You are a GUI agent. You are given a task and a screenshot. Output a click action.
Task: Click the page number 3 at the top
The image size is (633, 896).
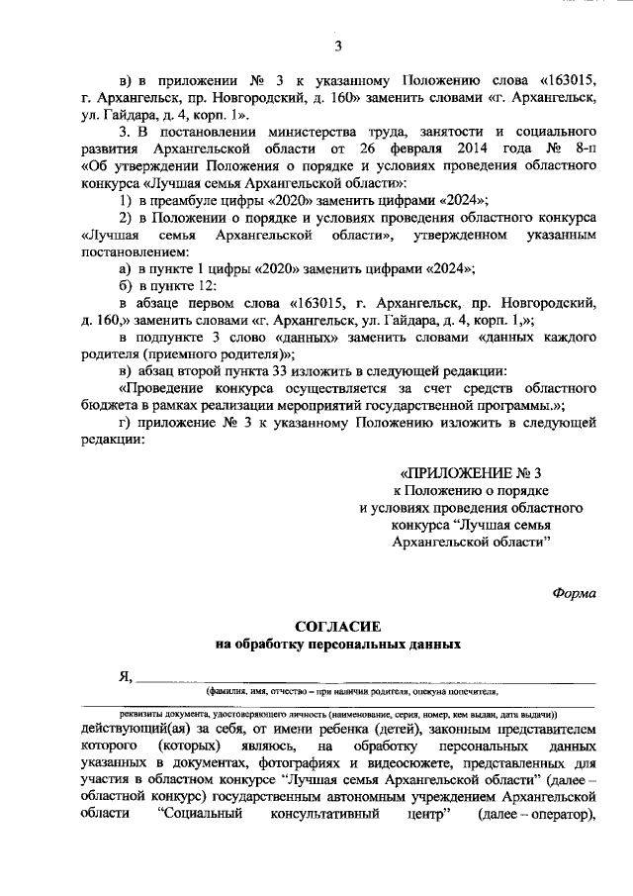pos(338,47)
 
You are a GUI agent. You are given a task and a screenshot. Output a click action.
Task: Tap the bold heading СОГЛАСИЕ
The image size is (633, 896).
pos(338,627)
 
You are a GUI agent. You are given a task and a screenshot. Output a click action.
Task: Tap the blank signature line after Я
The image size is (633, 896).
pos(366,681)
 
